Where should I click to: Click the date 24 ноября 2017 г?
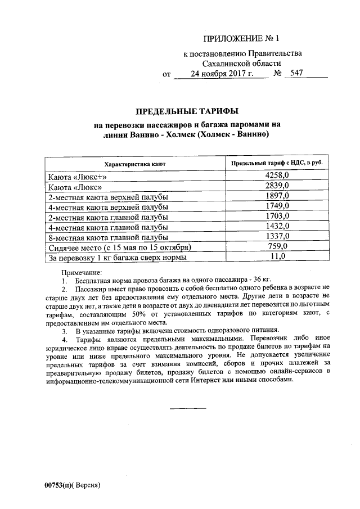[x=222, y=74]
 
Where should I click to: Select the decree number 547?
[x=296, y=74]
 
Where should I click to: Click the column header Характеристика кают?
[x=134, y=164]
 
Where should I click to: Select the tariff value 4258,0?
[x=277, y=176]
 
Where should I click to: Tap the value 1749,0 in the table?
[x=277, y=206]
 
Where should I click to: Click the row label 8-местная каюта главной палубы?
[x=109, y=237]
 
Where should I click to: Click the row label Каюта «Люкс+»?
[x=77, y=177]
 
